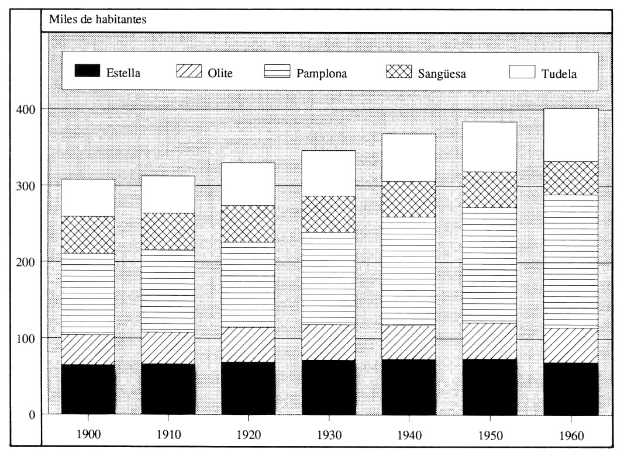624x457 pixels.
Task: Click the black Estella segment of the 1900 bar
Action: [x=88, y=389]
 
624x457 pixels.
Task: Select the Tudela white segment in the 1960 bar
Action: [x=571, y=135]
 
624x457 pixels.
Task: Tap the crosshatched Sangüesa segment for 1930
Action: [x=328, y=214]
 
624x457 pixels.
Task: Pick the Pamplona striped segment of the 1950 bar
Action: [x=490, y=265]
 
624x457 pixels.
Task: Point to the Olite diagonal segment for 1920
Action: [x=248, y=344]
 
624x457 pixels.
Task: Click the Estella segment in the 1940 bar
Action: [x=408, y=386]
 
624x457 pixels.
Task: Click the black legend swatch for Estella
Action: [x=88, y=71]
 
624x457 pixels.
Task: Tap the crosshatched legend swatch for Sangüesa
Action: [x=399, y=71]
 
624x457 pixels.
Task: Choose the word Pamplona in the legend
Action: [x=321, y=74]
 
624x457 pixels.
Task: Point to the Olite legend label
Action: [x=220, y=73]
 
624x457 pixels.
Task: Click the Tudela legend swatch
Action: [x=522, y=71]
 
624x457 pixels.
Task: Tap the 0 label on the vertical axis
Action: [x=32, y=415]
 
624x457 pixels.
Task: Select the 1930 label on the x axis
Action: [x=328, y=435]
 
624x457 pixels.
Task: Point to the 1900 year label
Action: [x=88, y=435]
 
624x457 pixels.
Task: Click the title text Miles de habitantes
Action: [x=98, y=19]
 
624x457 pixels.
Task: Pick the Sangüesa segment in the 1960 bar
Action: [x=571, y=178]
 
